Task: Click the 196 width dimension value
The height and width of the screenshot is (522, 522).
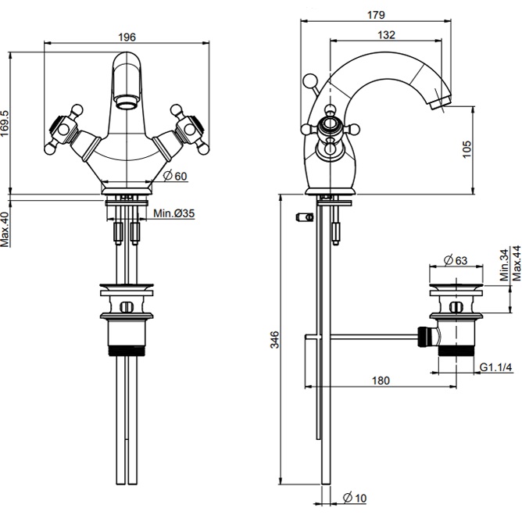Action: pyautogui.click(x=127, y=37)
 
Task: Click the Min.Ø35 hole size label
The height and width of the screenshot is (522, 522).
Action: pyautogui.click(x=173, y=213)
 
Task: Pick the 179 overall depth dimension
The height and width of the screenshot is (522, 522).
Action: pyautogui.click(x=388, y=12)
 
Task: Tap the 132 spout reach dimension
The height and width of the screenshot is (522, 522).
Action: pyautogui.click(x=384, y=34)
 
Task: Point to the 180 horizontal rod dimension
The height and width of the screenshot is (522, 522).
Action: pyautogui.click(x=381, y=380)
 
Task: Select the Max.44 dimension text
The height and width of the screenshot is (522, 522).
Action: pyautogui.click(x=516, y=263)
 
